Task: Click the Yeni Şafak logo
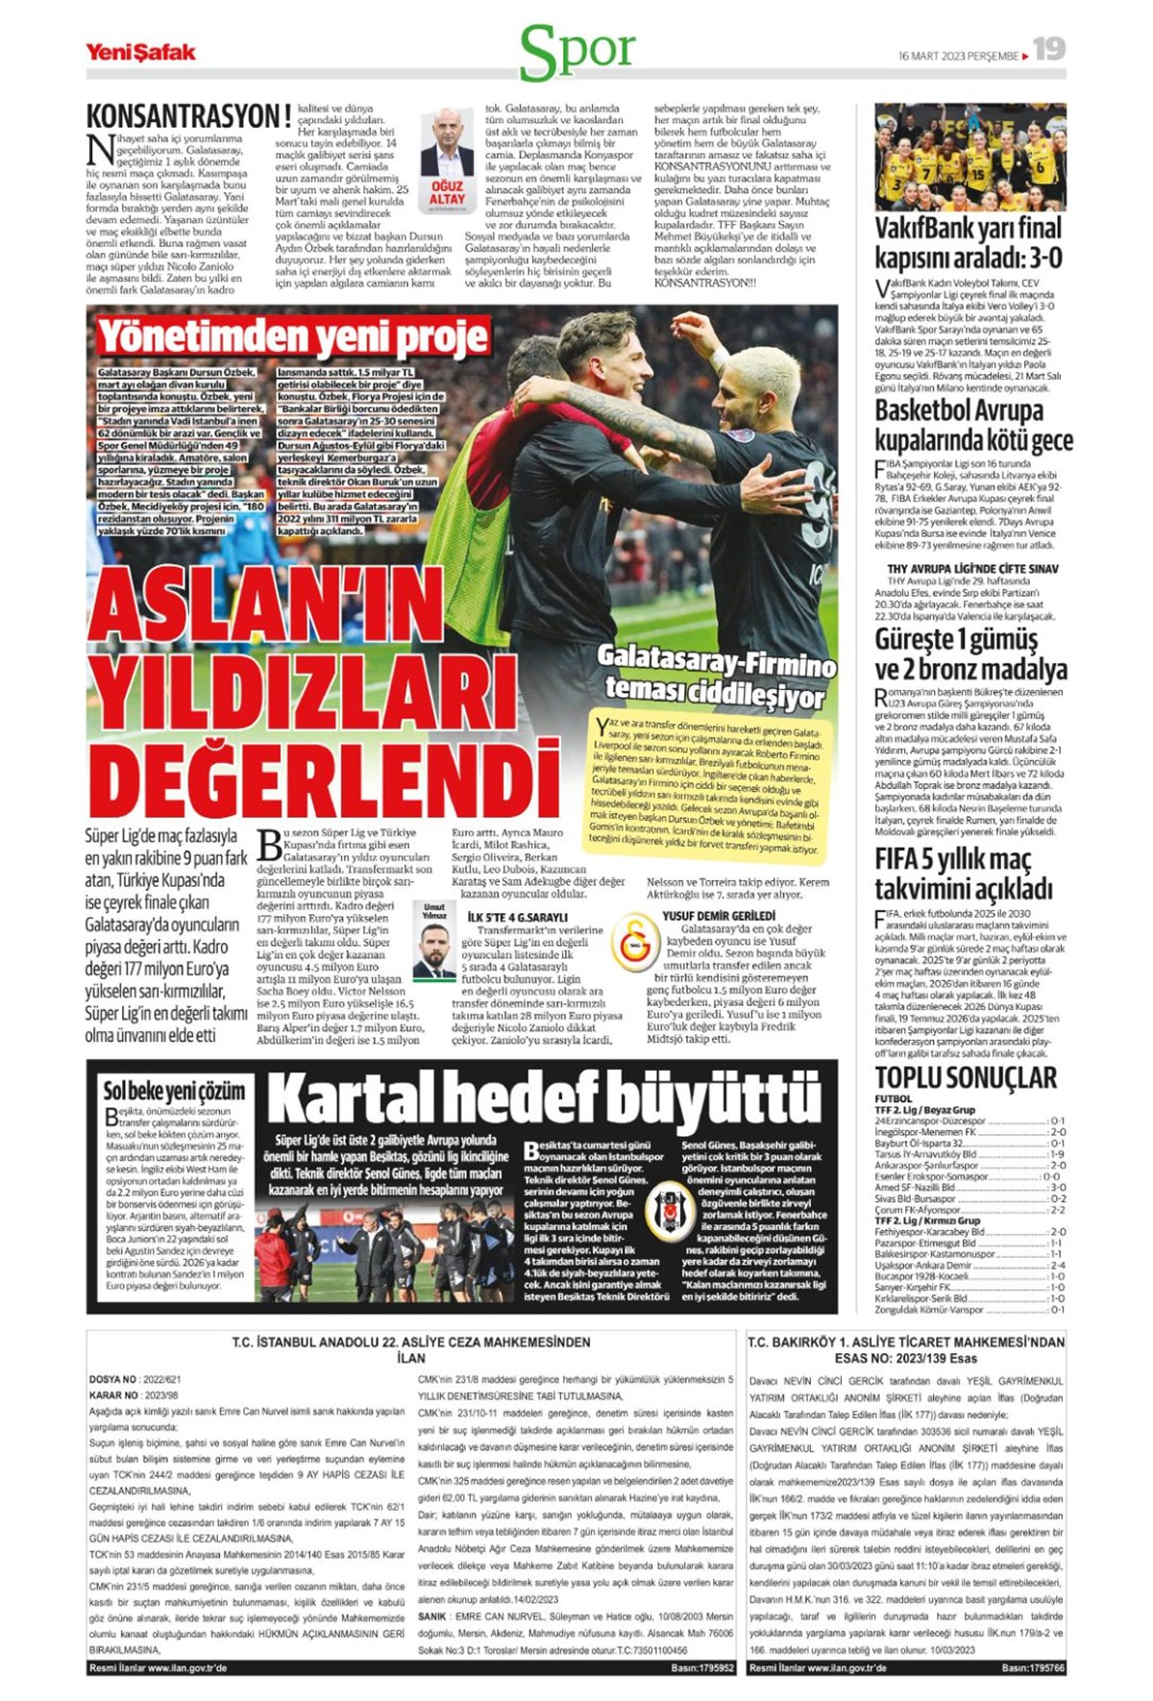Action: coord(140,52)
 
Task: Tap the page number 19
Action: coord(1049,49)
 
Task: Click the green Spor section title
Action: coord(577,52)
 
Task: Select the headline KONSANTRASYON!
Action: coord(188,116)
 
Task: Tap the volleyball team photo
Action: coord(969,157)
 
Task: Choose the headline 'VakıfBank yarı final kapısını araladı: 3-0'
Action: coord(968,242)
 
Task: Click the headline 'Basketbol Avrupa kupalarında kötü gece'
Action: coord(972,425)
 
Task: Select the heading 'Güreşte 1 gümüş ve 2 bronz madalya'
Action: coord(969,653)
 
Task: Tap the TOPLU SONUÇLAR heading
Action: coord(965,1077)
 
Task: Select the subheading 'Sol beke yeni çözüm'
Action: coord(174,1091)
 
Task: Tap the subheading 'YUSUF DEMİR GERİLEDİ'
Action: coord(718,916)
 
